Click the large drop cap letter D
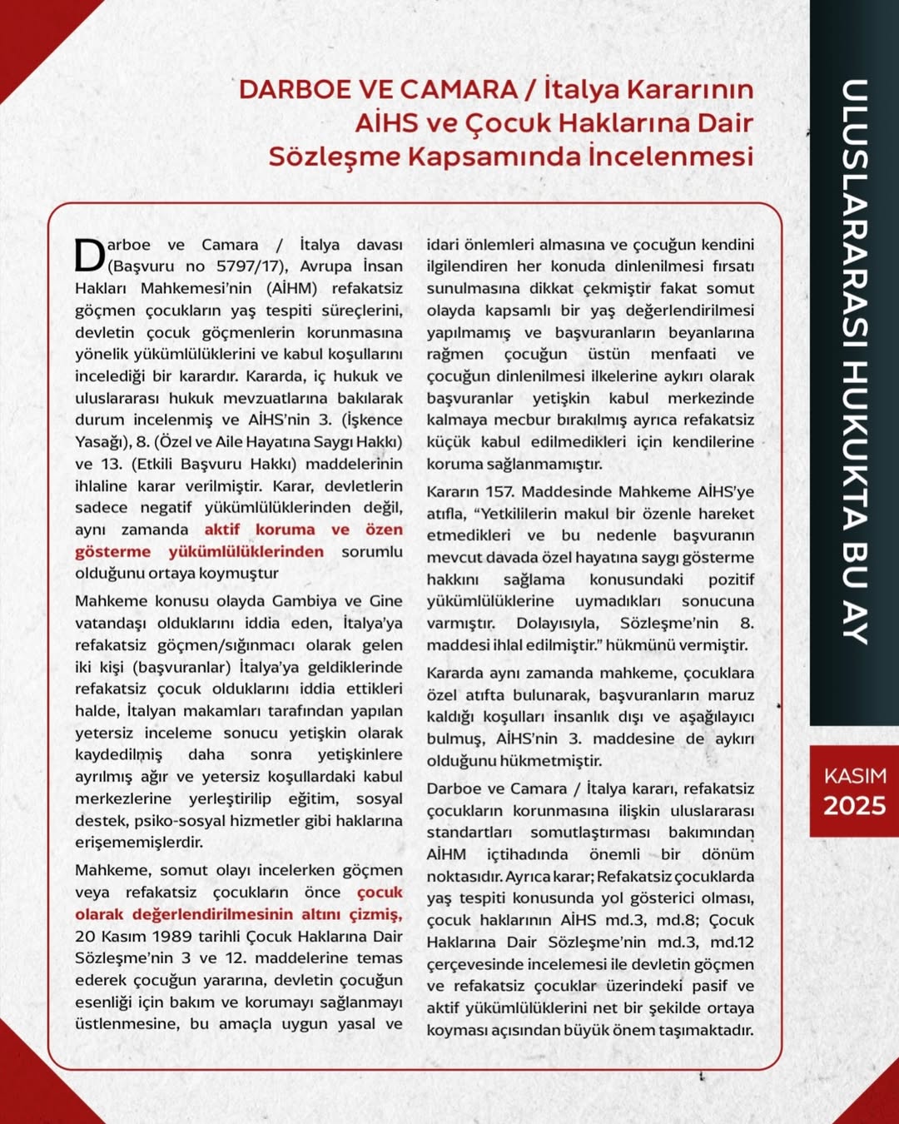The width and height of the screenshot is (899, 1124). [x=90, y=256]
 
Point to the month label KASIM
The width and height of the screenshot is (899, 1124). [x=855, y=776]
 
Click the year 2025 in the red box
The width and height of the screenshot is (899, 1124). [x=855, y=806]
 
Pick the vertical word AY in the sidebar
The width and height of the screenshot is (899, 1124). [x=855, y=619]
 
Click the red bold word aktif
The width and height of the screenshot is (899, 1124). [x=223, y=530]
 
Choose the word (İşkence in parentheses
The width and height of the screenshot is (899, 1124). [x=371, y=420]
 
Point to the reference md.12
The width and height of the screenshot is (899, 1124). [x=732, y=942]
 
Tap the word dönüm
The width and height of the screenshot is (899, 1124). [x=728, y=854]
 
